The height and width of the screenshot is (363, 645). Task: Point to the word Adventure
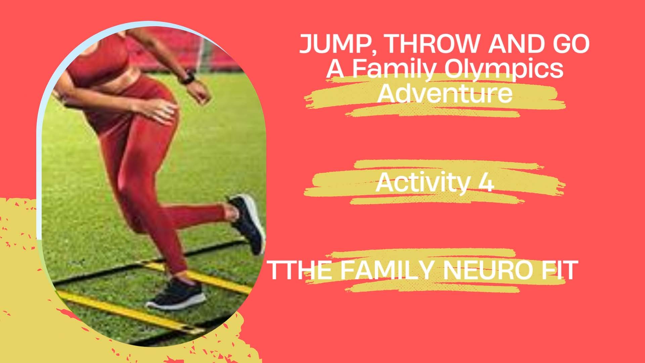[445, 93]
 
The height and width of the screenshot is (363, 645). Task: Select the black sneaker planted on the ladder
[175, 294]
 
